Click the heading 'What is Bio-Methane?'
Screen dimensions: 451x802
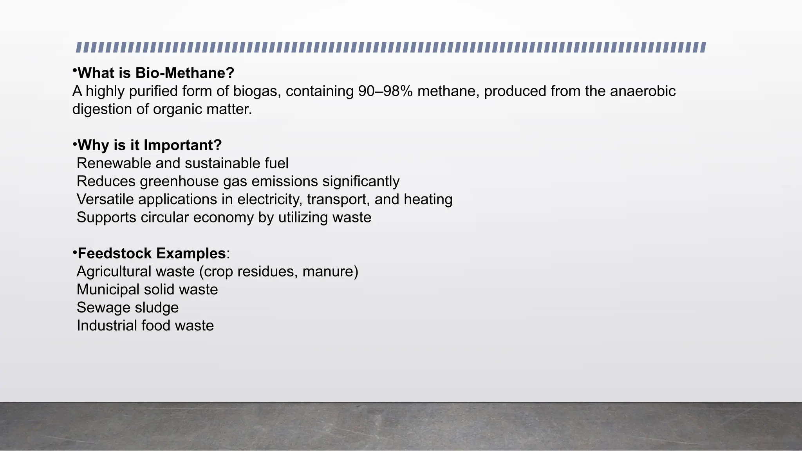point(156,73)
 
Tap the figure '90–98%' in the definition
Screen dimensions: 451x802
point(385,91)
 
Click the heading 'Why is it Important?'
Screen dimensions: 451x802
point(150,145)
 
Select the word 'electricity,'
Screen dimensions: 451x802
point(270,200)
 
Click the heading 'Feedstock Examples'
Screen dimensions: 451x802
point(152,254)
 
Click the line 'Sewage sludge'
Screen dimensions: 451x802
point(128,308)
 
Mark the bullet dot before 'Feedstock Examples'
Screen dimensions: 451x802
point(74,253)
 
